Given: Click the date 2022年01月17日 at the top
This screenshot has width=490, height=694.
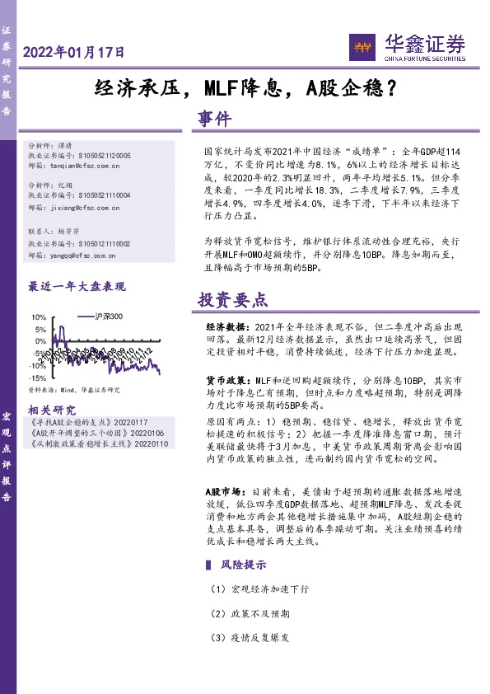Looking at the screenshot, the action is point(75,52).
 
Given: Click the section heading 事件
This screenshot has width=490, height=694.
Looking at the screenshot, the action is point(216,120).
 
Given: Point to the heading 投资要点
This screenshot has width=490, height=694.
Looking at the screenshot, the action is point(233,299).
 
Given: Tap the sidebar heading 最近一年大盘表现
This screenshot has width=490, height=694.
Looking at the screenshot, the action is point(77,287).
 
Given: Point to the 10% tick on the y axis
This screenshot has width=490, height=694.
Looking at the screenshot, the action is point(38,317).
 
